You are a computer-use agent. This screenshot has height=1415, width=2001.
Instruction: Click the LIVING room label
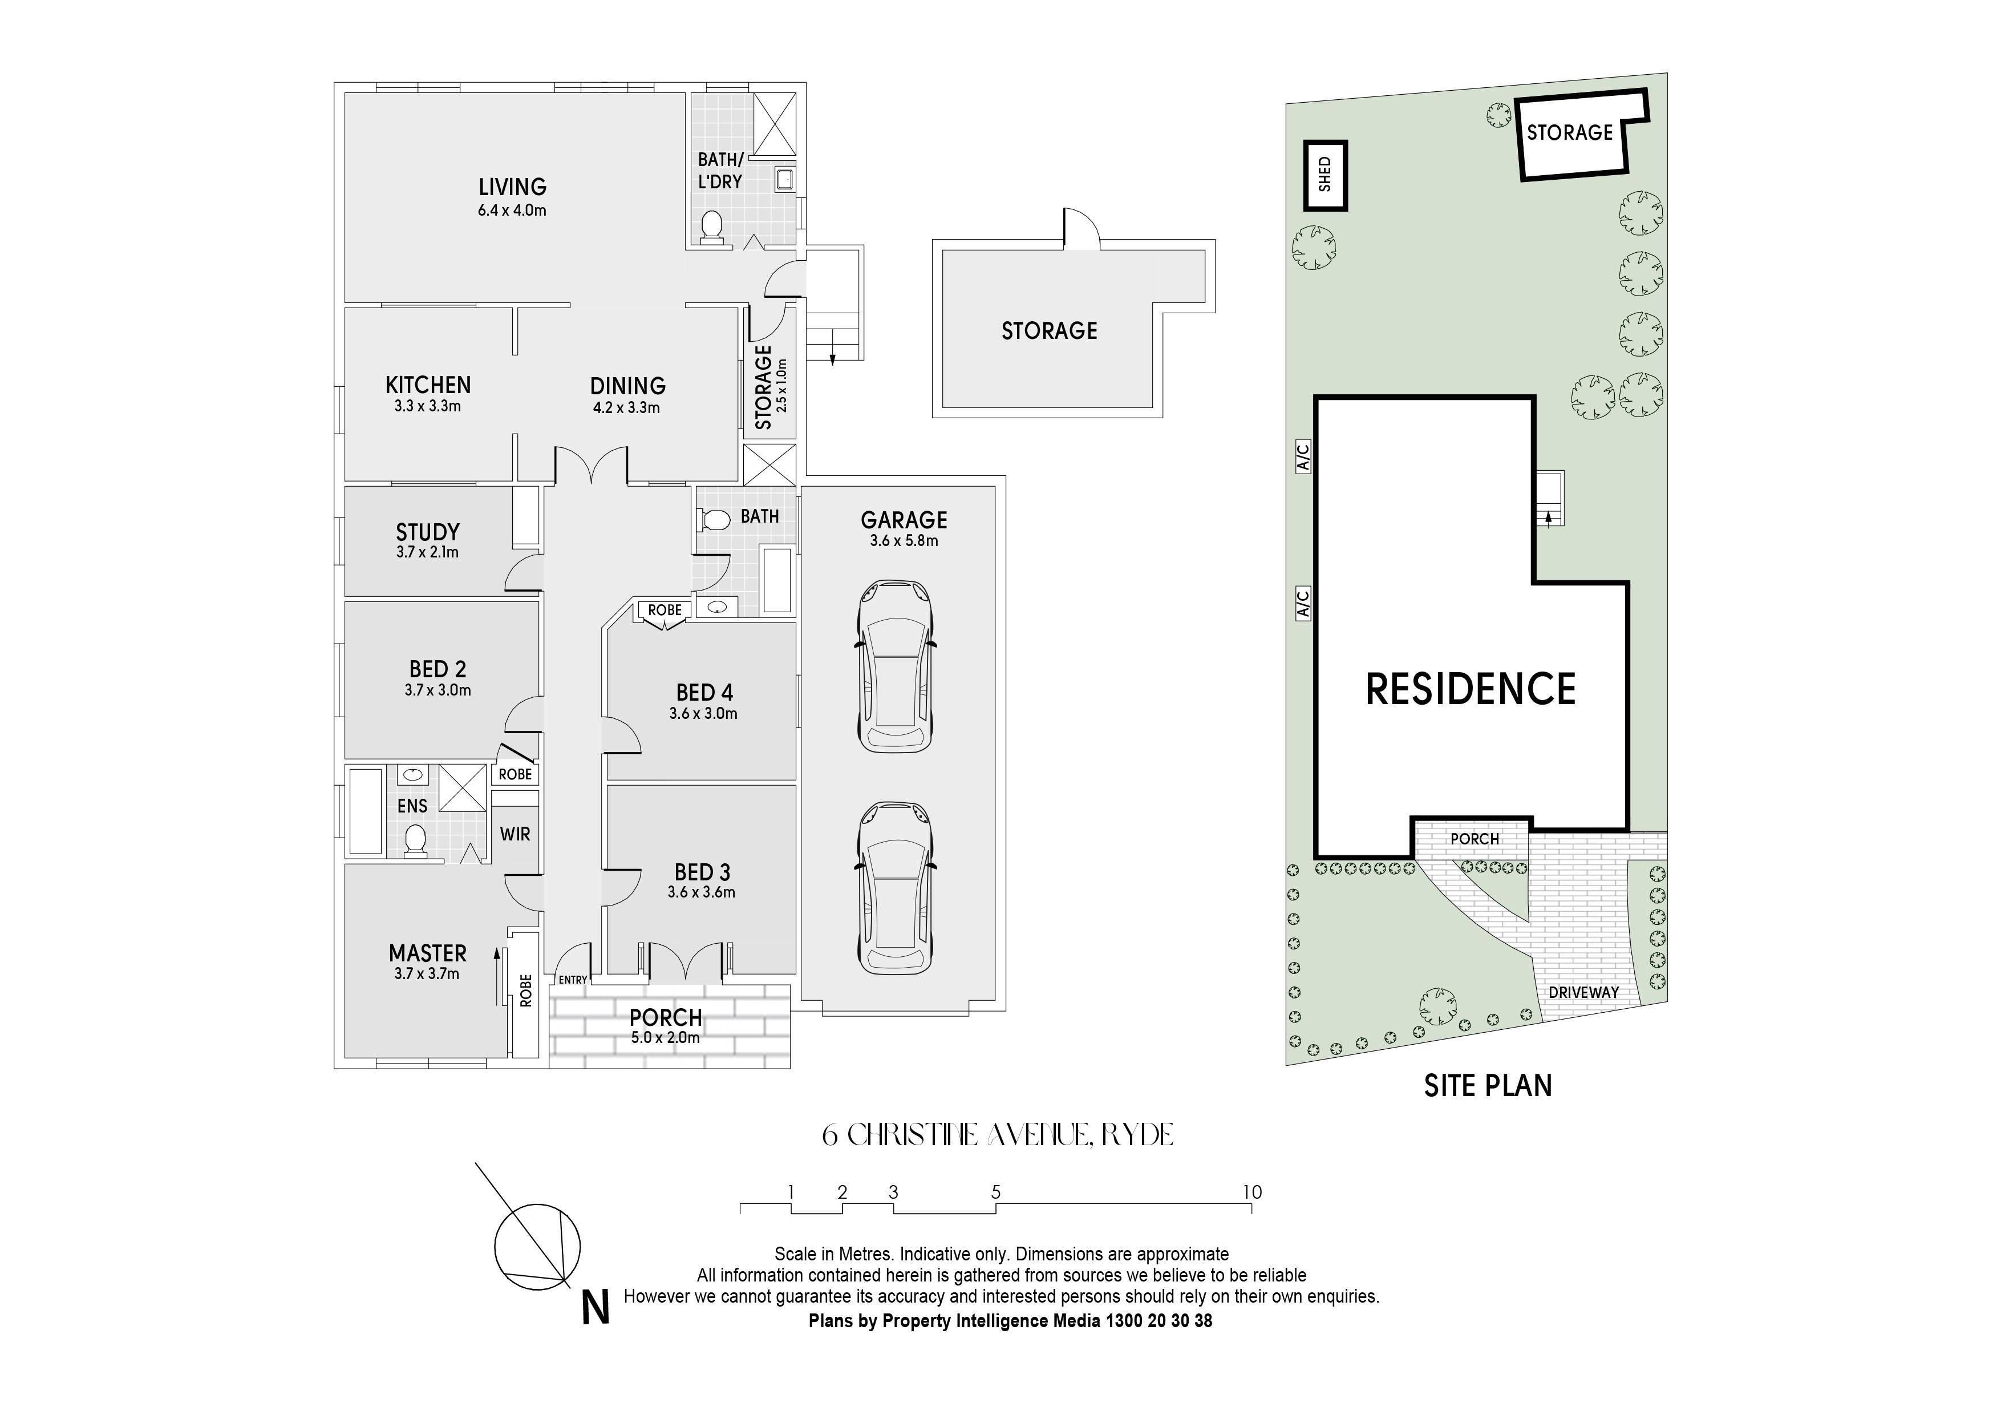click(512, 187)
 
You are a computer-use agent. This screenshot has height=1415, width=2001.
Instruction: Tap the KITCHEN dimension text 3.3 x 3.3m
click(427, 406)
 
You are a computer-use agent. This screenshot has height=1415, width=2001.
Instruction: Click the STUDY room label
click(427, 532)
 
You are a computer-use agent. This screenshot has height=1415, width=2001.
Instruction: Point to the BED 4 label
click(704, 692)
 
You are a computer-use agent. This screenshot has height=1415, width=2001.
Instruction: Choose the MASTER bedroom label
click(427, 953)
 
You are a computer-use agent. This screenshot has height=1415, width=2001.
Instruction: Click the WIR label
click(515, 834)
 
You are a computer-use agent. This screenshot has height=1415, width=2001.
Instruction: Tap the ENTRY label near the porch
click(573, 980)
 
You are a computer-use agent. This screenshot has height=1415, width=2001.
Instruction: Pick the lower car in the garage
click(896, 888)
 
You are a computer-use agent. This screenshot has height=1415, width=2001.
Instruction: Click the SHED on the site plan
click(1324, 175)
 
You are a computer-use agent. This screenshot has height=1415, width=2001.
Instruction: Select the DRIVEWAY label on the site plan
click(1583, 992)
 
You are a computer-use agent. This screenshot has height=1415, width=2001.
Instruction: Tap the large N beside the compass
click(596, 1309)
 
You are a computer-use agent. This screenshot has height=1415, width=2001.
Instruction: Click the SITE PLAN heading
click(1488, 1085)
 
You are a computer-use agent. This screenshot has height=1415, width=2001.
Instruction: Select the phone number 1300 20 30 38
click(1159, 1321)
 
